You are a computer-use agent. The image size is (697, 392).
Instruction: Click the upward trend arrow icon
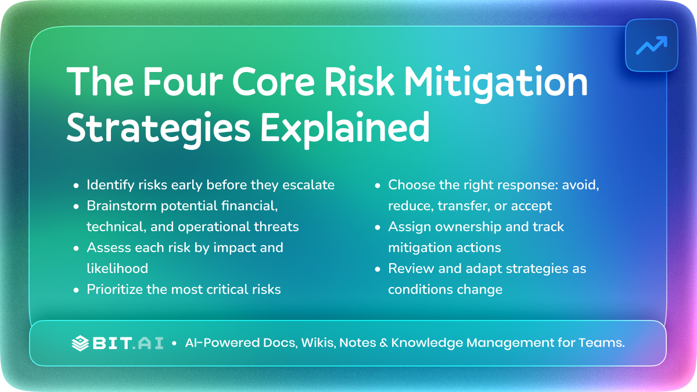652,45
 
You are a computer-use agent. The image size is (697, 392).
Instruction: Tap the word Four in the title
183,81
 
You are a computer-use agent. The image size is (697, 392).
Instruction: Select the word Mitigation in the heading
495,84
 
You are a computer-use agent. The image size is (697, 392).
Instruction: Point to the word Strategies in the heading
159,129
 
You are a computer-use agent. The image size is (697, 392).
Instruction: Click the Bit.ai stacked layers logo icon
80,343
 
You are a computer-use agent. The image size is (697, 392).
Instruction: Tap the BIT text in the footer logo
112,343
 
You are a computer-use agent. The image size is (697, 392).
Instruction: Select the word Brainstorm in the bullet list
121,206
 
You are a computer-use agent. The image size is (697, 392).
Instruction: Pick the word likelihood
117,268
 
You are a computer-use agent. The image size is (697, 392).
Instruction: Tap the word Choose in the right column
411,185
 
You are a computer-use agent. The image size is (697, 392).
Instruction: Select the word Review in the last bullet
411,268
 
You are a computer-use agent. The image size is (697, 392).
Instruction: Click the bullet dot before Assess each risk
76,249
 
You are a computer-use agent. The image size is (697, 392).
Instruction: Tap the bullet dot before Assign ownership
378,228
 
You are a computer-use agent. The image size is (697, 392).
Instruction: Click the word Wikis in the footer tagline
318,343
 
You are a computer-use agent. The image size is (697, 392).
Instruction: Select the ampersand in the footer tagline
383,343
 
